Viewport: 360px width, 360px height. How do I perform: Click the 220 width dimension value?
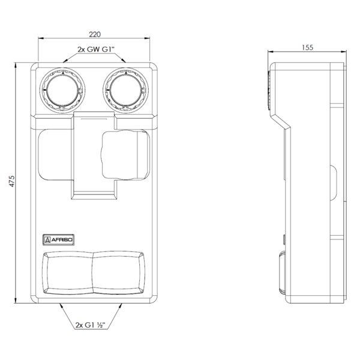tap(95, 34)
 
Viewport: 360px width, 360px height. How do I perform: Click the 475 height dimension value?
tap(12, 181)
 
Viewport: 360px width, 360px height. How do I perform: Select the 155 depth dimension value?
tap(307, 47)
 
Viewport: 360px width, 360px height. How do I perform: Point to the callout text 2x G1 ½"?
tap(90, 325)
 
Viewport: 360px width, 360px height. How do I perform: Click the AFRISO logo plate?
tap(59, 240)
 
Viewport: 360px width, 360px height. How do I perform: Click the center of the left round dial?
tap(62, 90)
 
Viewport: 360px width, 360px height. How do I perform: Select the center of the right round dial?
tap(125, 90)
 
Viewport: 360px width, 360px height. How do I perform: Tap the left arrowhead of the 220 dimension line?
tap(41, 38)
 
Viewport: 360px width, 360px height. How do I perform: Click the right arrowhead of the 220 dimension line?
tap(147, 38)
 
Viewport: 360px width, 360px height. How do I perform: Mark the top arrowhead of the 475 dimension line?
tap(16, 65)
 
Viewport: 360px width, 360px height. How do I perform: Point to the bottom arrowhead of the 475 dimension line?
tap(16, 301)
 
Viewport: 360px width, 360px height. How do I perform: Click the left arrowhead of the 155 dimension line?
tap(271, 52)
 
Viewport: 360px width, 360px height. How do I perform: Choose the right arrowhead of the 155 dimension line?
tap(343, 52)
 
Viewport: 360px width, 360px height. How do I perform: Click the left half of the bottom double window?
tap(68, 273)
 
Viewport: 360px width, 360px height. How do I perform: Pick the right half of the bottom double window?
tap(119, 273)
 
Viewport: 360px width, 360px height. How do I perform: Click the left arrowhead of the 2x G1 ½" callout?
tap(61, 306)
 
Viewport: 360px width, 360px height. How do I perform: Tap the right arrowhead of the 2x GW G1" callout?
tap(124, 61)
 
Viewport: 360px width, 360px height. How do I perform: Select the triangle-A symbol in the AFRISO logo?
tap(47, 240)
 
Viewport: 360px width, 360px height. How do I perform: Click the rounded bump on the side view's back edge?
tap(334, 182)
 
